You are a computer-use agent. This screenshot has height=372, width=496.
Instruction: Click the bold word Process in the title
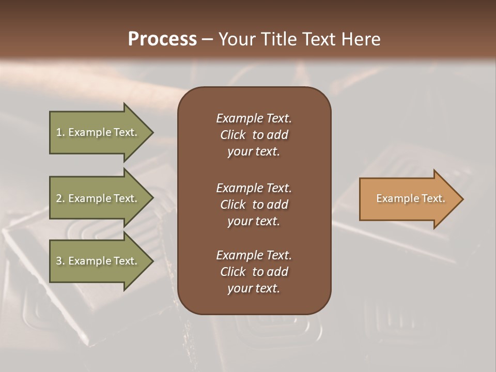pyautogui.click(x=162, y=39)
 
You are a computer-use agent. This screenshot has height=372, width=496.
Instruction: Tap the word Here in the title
pyautogui.click(x=361, y=39)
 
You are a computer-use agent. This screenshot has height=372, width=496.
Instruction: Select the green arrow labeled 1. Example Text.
pyautogui.click(x=98, y=132)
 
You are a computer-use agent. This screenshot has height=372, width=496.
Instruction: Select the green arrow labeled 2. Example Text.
pyautogui.click(x=98, y=198)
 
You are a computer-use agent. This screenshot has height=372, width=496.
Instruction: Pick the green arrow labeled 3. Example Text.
pyautogui.click(x=98, y=261)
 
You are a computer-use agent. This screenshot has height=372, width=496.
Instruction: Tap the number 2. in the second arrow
pyautogui.click(x=60, y=198)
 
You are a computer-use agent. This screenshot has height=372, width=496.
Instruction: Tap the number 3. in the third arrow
pyautogui.click(x=60, y=261)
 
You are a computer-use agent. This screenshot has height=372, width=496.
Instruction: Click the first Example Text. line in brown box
pyautogui.click(x=254, y=118)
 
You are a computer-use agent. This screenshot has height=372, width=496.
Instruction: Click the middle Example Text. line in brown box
pyautogui.click(x=254, y=188)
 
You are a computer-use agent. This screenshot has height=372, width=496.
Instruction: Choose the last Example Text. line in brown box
pyautogui.click(x=254, y=255)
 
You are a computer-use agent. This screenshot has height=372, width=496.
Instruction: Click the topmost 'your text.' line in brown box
pyautogui.click(x=254, y=151)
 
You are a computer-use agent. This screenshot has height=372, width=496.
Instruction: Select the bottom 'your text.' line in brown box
pyautogui.click(x=254, y=288)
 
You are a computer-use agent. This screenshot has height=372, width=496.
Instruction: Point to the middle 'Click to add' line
pyautogui.click(x=254, y=205)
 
